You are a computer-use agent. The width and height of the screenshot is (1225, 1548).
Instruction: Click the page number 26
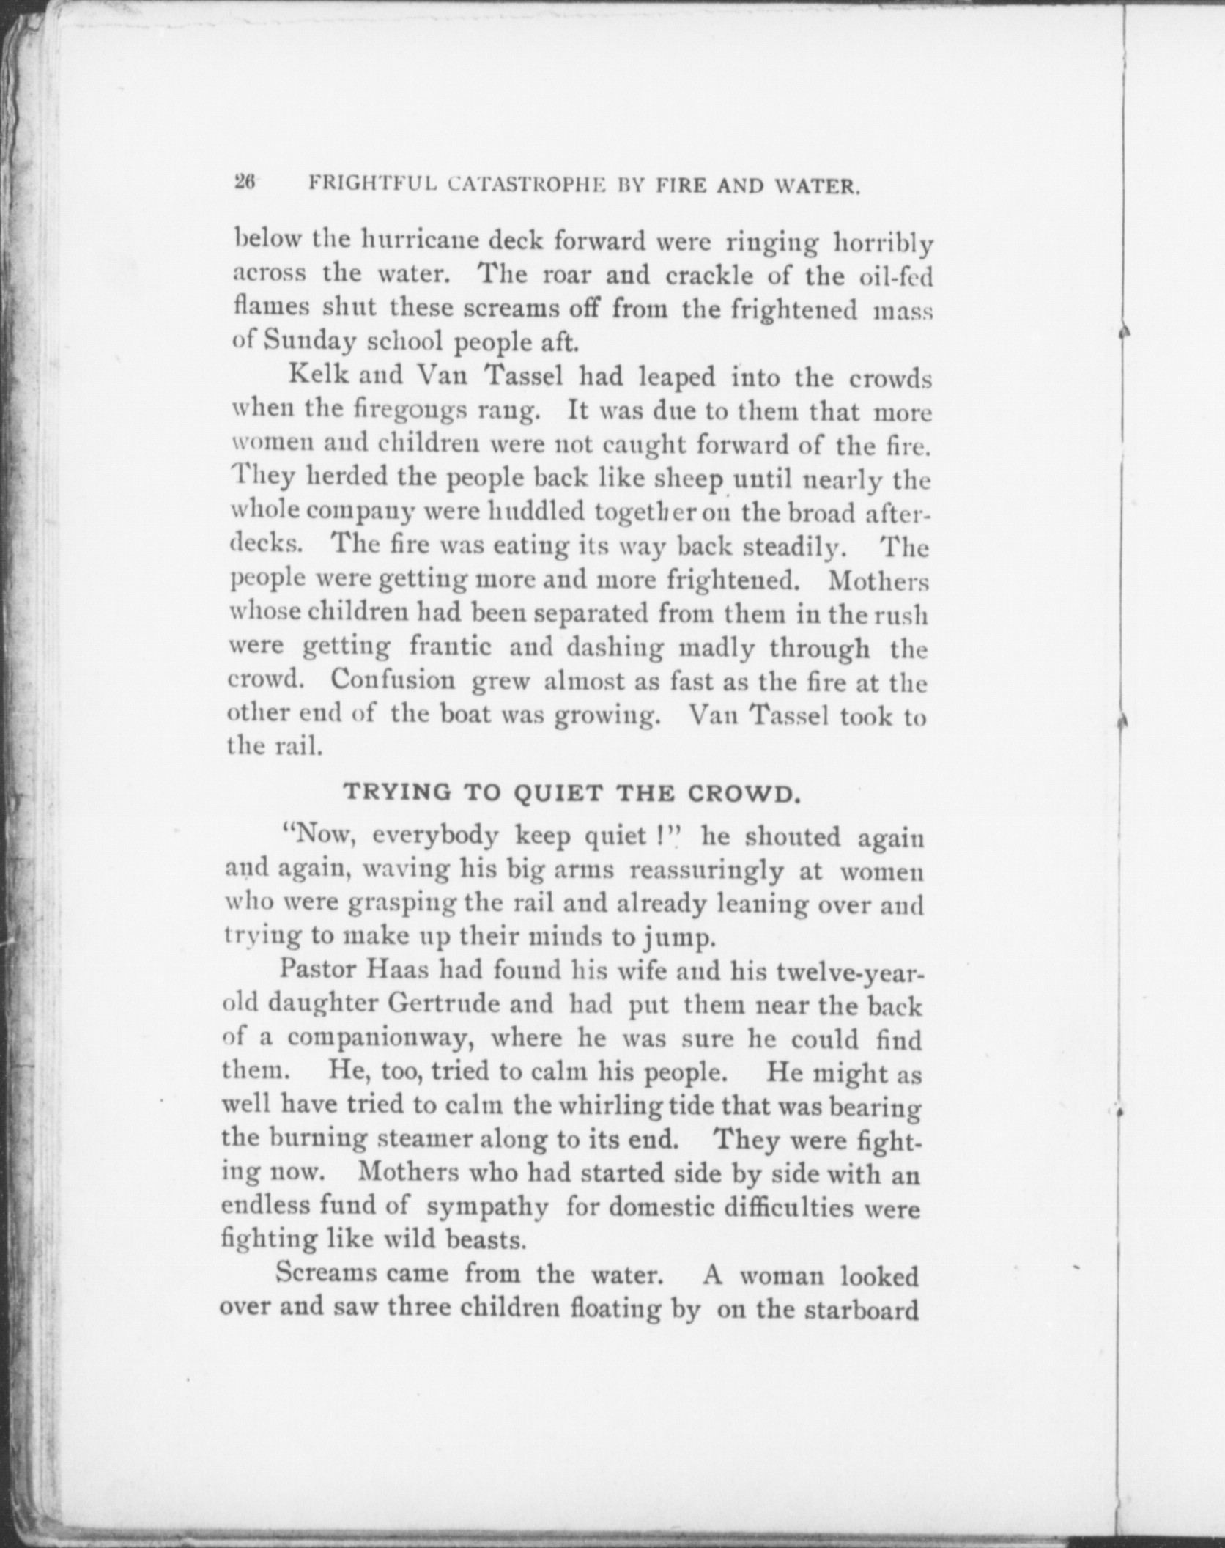pyautogui.click(x=244, y=183)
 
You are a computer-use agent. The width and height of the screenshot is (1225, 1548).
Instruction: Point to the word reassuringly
pyautogui.click(x=706, y=871)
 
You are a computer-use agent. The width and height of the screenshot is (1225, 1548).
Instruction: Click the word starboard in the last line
pyautogui.click(x=861, y=1309)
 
